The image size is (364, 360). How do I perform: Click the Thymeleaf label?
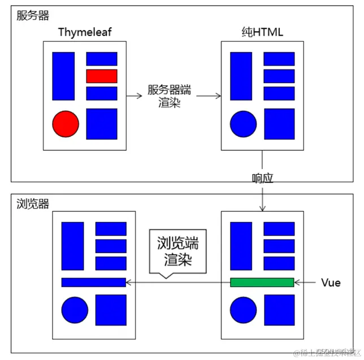[x=85, y=32]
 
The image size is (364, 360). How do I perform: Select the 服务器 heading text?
[x=33, y=15]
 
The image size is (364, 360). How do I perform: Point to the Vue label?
[x=331, y=283]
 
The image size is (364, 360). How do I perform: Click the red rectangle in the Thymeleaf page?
[x=102, y=76]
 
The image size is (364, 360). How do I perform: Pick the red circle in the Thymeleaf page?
[x=65, y=124]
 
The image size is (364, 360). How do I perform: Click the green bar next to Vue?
[x=262, y=283]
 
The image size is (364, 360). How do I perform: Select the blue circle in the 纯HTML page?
[x=244, y=124]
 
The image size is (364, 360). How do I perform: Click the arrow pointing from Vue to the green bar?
[x=305, y=283]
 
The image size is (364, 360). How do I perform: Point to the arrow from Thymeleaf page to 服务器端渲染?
[x=134, y=96]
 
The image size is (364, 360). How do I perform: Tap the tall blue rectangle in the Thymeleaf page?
[x=63, y=76]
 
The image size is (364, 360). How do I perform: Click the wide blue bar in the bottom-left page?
[x=93, y=283]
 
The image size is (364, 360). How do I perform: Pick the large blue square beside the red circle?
[x=102, y=124]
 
